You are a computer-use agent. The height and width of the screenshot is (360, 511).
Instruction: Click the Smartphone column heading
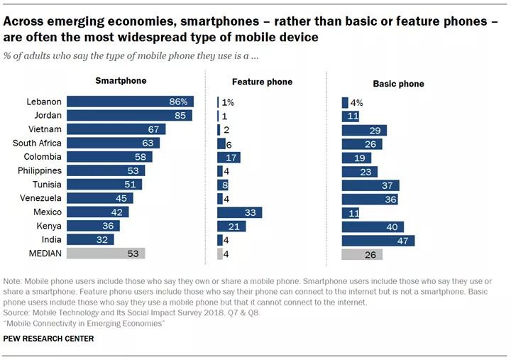[x=121, y=81]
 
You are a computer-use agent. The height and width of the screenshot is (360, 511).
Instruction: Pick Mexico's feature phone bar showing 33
[x=239, y=212]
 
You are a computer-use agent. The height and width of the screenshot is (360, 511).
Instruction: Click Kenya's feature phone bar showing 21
[x=231, y=226]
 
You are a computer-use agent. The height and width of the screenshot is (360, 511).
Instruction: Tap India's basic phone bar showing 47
[x=378, y=240]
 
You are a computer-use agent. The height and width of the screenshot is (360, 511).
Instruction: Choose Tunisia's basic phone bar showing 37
[x=370, y=185]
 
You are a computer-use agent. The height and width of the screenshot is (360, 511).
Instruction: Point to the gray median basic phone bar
[x=362, y=253]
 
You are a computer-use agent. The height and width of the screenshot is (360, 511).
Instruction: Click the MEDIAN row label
[x=44, y=253]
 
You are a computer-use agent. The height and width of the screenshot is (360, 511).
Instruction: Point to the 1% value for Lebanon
[x=228, y=103]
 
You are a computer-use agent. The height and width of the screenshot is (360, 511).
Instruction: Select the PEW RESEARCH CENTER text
[x=48, y=339]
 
